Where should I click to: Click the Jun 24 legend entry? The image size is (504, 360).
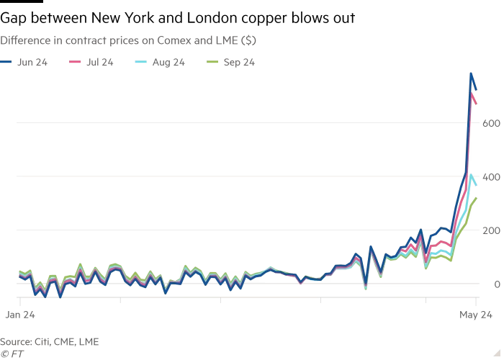click(25, 63)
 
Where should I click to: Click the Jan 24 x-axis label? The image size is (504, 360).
click(16, 315)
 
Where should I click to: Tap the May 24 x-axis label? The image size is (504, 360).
click(476, 315)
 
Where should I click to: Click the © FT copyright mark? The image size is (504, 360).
click(12, 354)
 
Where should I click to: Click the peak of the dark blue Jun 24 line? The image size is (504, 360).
click(471, 73)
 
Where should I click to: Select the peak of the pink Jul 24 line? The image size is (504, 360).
click(472, 94)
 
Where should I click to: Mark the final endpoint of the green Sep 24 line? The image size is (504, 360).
click(476, 197)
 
